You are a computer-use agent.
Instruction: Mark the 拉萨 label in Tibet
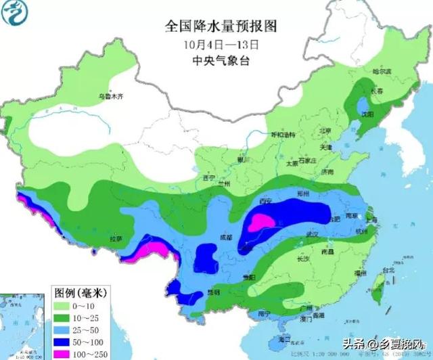click(x=115, y=239)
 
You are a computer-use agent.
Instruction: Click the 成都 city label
click(x=226, y=238)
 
